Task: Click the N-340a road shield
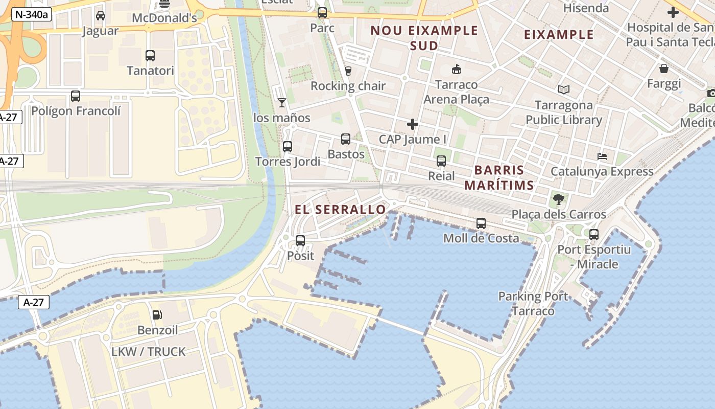coord(32,14)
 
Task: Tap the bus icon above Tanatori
coord(150,55)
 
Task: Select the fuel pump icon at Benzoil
coord(157,315)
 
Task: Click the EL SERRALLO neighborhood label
coord(340,210)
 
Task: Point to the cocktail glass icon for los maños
coord(281,103)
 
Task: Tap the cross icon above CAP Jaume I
coord(413,124)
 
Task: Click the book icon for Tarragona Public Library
coord(563,90)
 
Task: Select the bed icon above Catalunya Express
coord(602,156)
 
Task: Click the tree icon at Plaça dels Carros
coord(559,199)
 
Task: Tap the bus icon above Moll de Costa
coord(481,223)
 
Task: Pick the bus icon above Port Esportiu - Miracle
coord(594,235)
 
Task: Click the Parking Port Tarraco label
coord(533,303)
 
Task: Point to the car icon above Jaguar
coord(101,16)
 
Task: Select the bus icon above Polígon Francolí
coord(76,96)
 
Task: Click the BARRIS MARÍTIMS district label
coord(499,177)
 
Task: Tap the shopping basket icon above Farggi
coord(664,69)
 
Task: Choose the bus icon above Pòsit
coord(300,240)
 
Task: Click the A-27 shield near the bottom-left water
coord(34,302)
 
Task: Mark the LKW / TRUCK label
coord(149,352)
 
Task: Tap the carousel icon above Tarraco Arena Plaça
coord(456,70)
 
